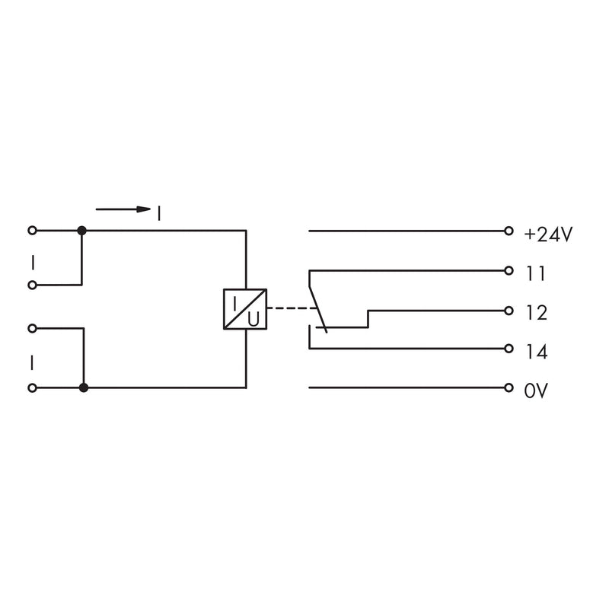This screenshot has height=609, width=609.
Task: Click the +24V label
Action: pos(548,234)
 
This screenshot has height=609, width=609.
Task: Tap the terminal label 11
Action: pos(536,274)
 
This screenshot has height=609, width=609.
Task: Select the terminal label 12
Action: pos(537,313)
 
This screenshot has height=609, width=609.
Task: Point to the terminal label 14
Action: pos(537,352)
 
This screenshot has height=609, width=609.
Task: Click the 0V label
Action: pos(536,391)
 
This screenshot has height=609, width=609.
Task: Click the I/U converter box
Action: pos(245,309)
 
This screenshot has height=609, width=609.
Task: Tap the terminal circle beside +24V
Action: pos(509,231)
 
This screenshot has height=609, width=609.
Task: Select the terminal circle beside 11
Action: pos(509,271)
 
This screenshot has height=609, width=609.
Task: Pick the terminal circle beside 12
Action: pos(509,311)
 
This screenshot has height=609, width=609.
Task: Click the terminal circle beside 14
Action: pos(509,349)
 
